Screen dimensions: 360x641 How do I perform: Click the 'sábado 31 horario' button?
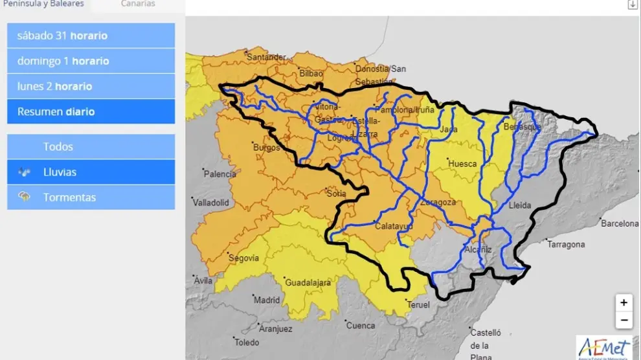click(91, 36)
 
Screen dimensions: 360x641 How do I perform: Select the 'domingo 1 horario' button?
click(91, 61)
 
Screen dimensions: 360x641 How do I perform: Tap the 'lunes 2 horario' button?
click(91, 86)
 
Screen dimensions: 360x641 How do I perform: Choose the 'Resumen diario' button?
click(91, 111)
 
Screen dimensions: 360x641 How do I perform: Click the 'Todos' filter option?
click(91, 146)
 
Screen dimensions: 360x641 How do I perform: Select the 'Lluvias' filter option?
click(91, 172)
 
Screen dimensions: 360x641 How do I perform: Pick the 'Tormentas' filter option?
click(91, 197)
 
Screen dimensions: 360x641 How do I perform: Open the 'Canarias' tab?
click(138, 4)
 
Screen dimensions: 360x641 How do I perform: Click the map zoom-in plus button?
click(624, 302)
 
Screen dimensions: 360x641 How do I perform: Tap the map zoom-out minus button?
click(624, 320)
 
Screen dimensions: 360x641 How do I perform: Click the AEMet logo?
click(603, 347)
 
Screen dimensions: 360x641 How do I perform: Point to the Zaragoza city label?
click(438, 202)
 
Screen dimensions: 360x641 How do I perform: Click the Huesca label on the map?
click(462, 164)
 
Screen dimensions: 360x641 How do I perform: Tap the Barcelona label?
click(620, 223)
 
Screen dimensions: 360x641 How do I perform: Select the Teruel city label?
click(418, 304)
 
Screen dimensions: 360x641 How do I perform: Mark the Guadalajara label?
click(308, 282)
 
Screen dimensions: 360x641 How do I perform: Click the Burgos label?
click(267, 148)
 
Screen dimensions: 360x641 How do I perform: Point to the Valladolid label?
click(211, 203)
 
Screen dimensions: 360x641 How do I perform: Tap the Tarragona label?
click(566, 244)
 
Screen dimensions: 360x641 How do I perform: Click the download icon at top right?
click(633, 5)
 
